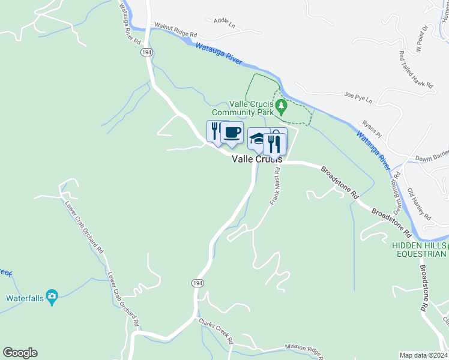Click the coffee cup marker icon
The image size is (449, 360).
click(x=232, y=132)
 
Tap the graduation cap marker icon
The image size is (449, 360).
click(x=257, y=139)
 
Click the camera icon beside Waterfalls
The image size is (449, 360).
click(x=52, y=295)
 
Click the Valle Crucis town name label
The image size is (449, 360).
click(x=257, y=159)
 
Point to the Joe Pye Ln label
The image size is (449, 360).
click(x=358, y=96)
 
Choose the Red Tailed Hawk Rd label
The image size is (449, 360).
click(x=417, y=70)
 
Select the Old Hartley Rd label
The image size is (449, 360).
click(x=419, y=204)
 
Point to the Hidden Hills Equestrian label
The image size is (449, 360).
click(x=420, y=250)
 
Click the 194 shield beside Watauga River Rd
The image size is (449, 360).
click(x=146, y=53)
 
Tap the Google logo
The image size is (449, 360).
click(x=20, y=353)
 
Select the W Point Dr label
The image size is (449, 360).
click(x=421, y=38)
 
